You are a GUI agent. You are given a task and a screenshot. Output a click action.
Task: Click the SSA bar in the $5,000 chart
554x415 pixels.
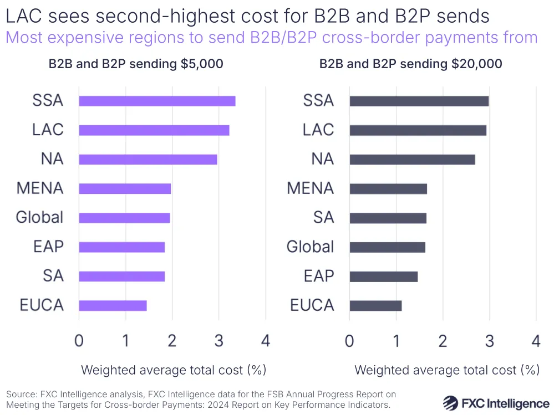click(x=157, y=101)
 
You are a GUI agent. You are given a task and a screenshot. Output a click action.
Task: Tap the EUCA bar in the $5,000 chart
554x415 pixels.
click(x=113, y=305)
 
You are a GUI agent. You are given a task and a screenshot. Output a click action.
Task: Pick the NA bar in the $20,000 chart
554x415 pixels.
click(x=412, y=160)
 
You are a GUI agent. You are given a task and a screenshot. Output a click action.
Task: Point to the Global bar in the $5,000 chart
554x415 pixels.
click(x=124, y=218)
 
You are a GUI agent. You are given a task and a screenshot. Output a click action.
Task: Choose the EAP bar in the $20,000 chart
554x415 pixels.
click(x=383, y=276)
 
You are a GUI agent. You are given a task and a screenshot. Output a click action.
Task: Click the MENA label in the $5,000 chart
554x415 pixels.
click(x=40, y=188)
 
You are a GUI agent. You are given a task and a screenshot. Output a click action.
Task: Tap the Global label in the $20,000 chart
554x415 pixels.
click(x=310, y=247)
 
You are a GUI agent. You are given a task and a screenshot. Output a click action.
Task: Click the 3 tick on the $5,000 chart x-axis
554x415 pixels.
click(x=218, y=340)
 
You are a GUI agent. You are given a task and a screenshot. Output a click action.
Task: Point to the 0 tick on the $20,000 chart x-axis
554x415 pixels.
click(x=349, y=340)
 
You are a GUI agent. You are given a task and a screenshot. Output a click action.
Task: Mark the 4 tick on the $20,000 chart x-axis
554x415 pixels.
click(x=536, y=340)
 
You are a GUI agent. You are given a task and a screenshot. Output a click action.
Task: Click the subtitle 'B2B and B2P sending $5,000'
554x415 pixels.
click(x=136, y=64)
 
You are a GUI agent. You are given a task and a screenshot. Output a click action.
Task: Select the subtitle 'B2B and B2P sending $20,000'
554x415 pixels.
click(x=410, y=64)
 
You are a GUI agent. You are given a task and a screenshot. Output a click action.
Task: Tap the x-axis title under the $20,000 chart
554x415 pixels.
click(x=447, y=370)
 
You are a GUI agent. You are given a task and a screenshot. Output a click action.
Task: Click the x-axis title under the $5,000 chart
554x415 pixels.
click(x=174, y=370)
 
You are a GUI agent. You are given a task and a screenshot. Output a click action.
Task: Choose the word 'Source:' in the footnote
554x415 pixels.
click(x=22, y=394)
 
